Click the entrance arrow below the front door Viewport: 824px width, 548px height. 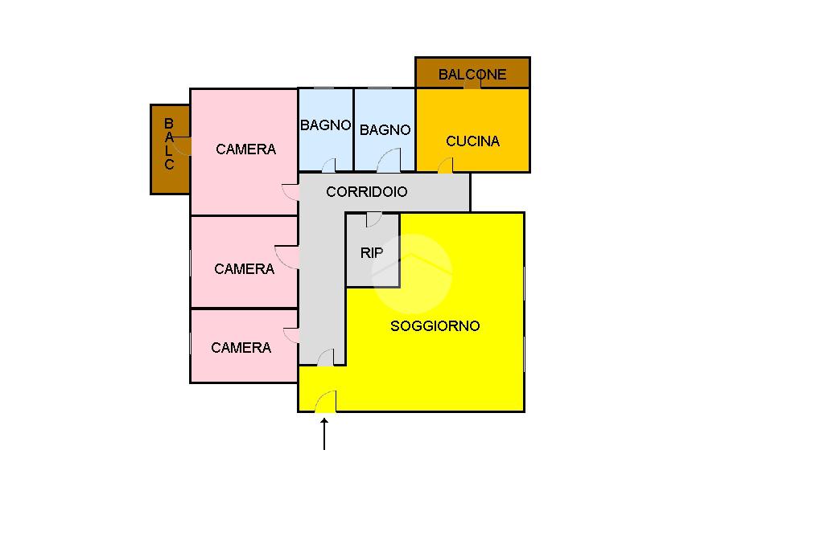324,434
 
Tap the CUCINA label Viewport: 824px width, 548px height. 472,141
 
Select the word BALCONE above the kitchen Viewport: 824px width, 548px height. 472,75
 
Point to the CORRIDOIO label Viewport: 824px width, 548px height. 366,192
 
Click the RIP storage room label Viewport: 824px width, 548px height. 372,253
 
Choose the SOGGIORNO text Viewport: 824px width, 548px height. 435,325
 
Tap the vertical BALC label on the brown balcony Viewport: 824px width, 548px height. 169,145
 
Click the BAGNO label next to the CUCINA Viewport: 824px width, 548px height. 385,130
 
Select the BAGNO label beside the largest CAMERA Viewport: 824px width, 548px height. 325,125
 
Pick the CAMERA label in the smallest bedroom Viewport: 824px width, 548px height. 241,348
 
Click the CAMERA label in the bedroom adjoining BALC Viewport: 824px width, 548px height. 245,149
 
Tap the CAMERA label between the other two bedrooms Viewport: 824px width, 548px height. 244,269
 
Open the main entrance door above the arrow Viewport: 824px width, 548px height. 326,402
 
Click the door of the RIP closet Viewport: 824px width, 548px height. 373,219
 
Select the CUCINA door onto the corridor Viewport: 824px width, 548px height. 445,166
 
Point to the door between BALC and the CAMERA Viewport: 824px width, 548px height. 182,145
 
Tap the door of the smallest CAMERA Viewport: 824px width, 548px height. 291,335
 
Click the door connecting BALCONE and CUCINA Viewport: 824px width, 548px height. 472,84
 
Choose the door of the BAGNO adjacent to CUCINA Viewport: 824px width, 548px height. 389,161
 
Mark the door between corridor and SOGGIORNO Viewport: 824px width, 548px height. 326,358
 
